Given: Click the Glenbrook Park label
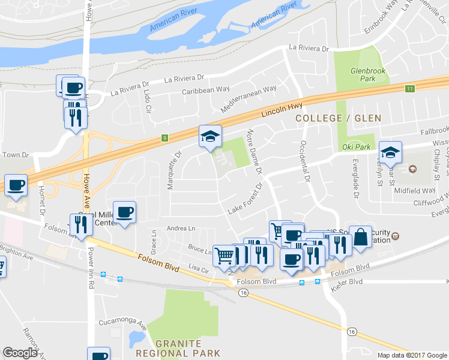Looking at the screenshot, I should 363,74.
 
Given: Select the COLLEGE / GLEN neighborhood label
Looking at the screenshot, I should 339,118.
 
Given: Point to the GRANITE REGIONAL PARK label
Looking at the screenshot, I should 187,348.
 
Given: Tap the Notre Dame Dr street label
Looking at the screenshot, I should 255,151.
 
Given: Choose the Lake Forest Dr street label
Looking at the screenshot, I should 247,201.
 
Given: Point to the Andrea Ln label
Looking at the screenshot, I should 181,228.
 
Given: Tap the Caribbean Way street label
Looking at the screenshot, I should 206,89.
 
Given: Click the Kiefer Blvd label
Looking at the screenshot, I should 348,282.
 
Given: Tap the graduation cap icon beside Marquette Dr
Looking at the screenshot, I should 210,137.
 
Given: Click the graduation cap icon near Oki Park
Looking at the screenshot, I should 390,152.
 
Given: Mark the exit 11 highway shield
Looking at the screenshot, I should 409,89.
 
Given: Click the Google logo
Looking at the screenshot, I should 20,352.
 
